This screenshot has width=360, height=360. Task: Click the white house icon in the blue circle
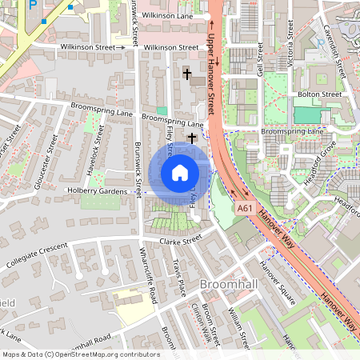[180, 173]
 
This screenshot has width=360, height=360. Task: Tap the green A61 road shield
[246, 208]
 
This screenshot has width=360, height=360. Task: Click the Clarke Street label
[180, 240]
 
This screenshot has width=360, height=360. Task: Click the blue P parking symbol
[33, 4]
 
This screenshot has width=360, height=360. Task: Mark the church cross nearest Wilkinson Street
[188, 74]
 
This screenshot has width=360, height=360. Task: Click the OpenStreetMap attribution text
[80, 354]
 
